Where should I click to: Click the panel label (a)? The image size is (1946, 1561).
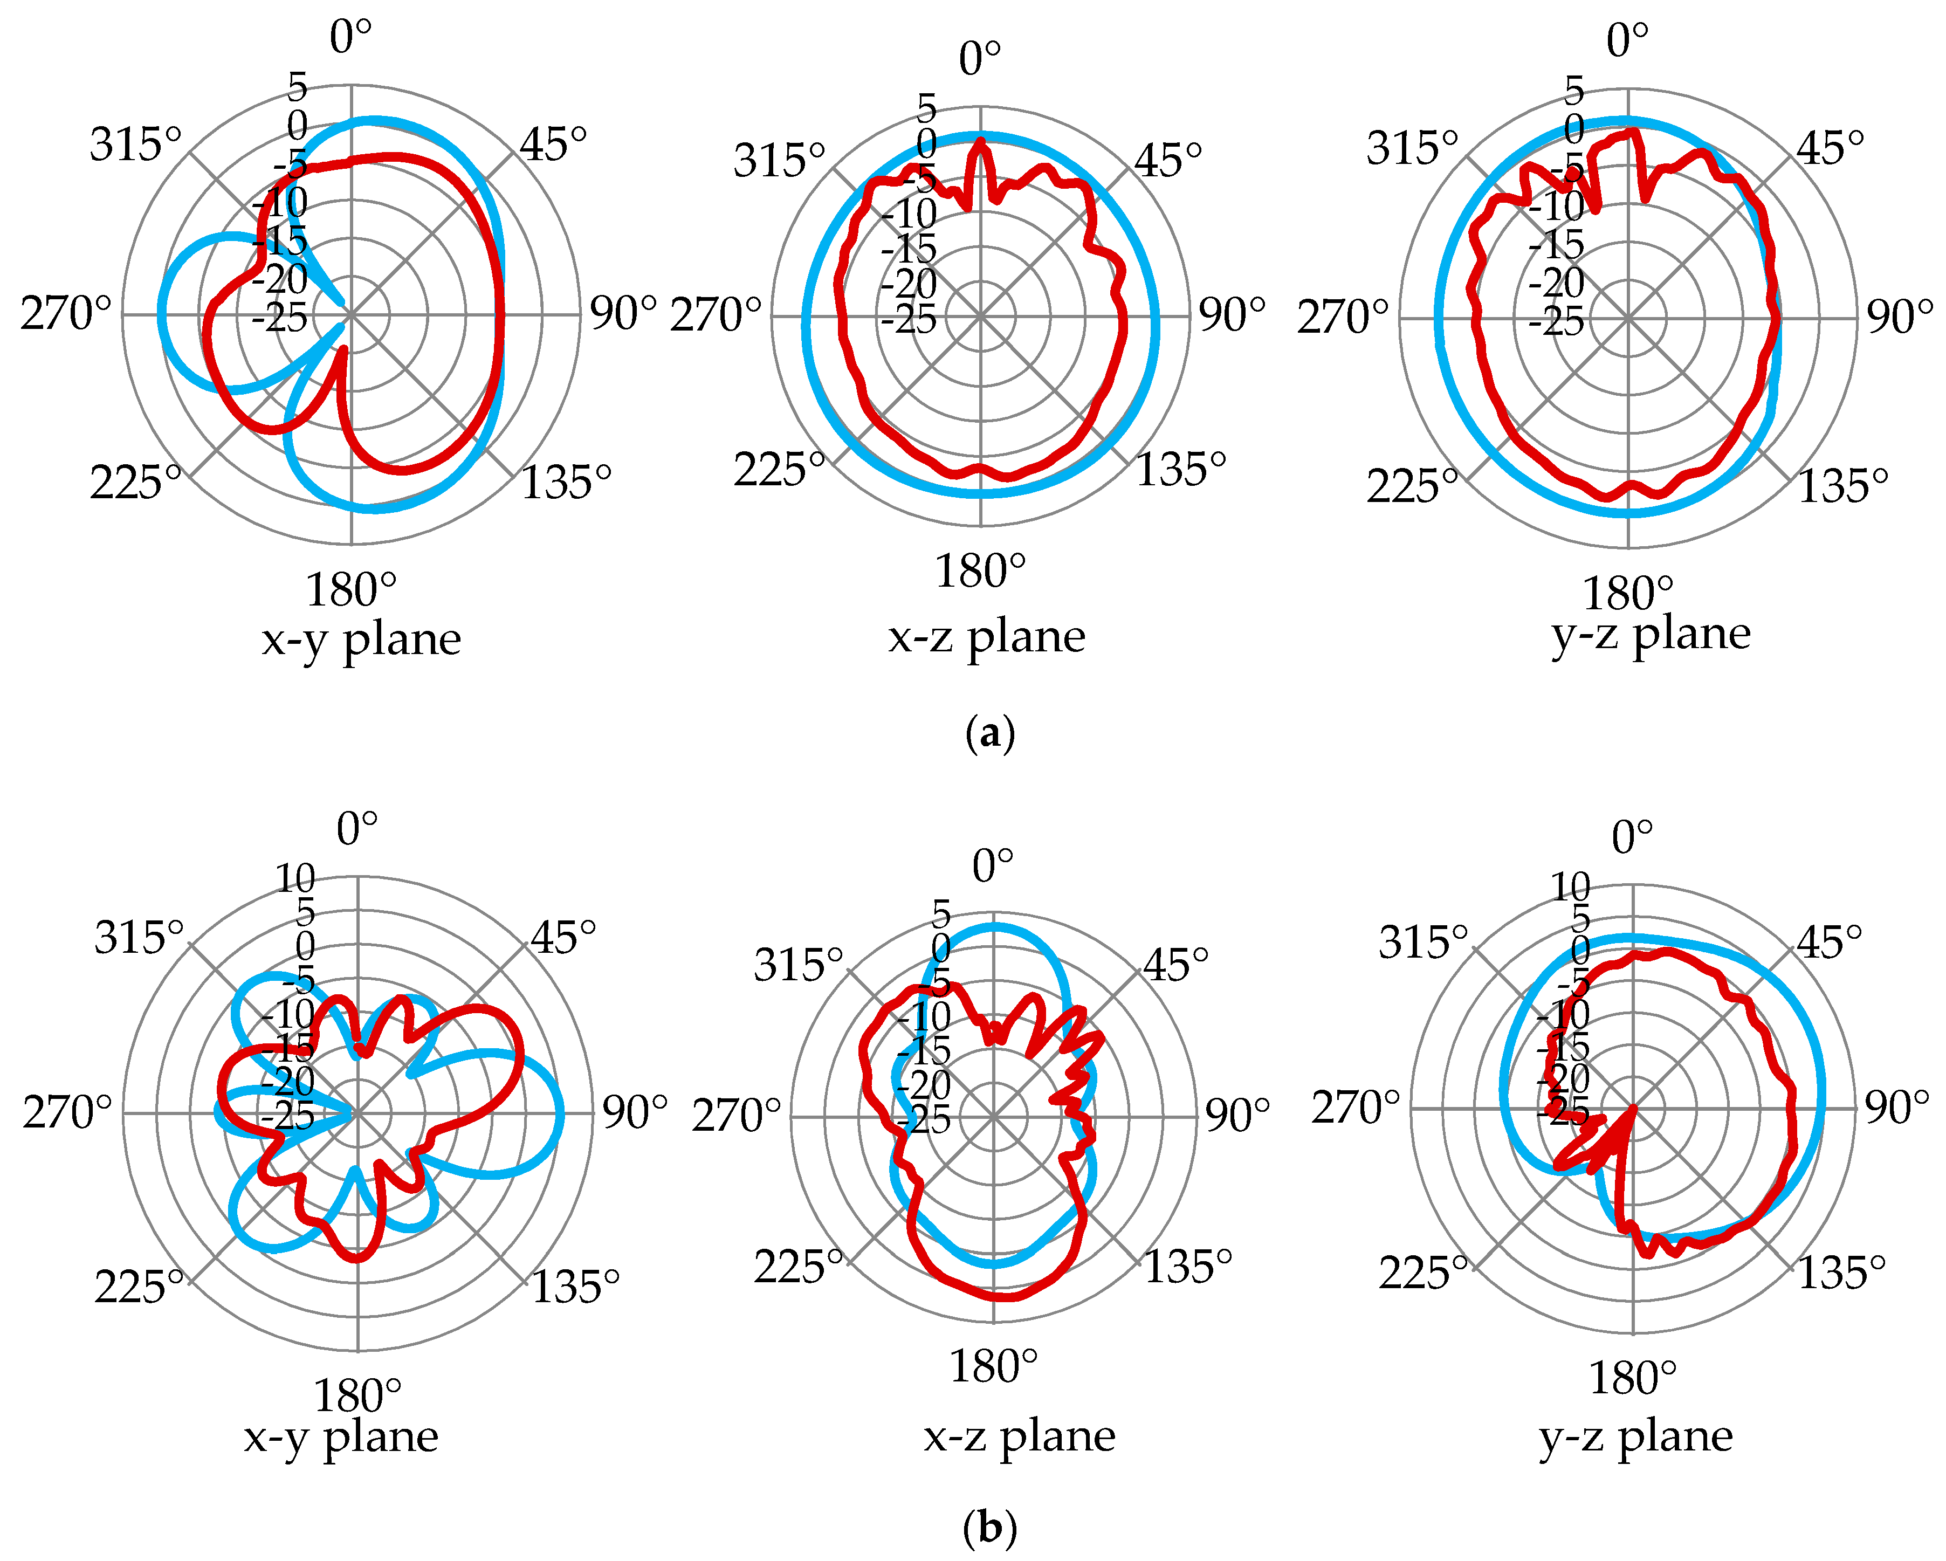click(x=990, y=733)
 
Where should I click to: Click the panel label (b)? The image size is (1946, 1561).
click(x=990, y=1528)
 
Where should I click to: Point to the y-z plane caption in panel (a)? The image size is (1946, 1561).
click(x=1651, y=635)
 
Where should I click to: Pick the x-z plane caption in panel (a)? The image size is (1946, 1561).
click(x=987, y=637)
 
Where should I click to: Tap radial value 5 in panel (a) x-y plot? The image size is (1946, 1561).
click(x=298, y=87)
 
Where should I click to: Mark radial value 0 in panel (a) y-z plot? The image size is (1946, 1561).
click(x=1574, y=129)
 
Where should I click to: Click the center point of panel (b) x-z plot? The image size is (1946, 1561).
click(x=994, y=1117)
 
